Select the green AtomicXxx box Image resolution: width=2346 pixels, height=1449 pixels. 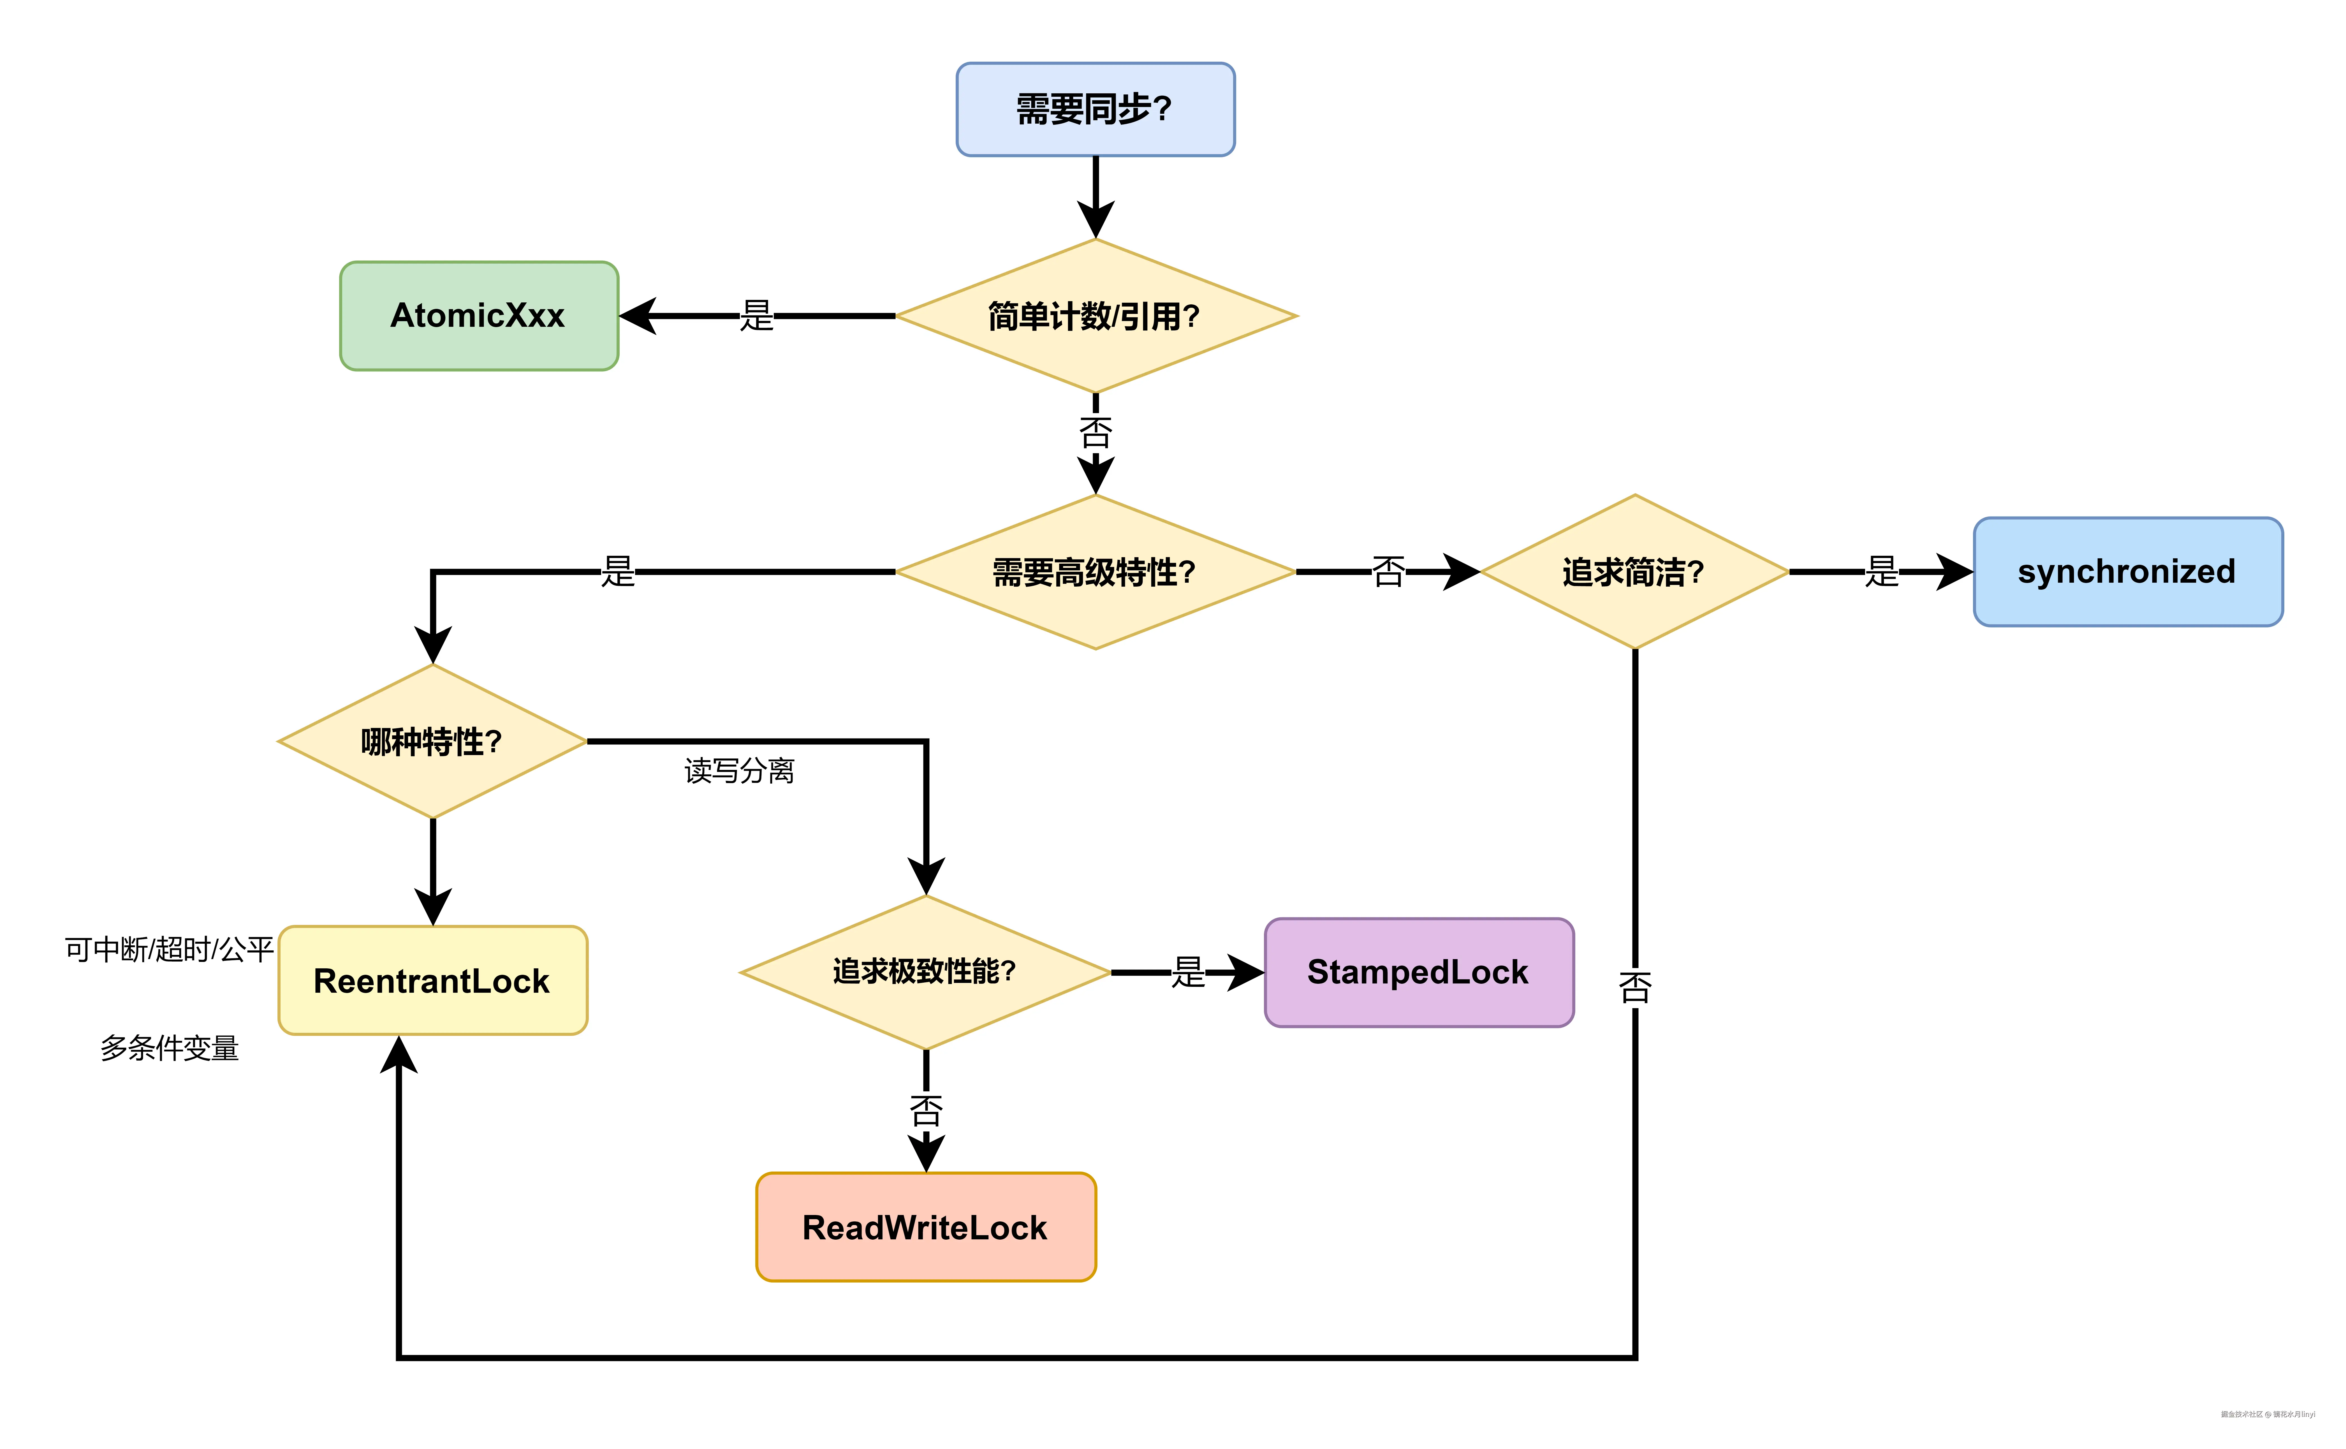[x=478, y=315]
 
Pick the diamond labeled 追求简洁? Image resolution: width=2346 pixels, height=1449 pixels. [x=1634, y=572]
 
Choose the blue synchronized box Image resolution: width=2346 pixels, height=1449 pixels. [x=2127, y=572]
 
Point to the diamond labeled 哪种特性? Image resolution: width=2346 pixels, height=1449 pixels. [x=432, y=741]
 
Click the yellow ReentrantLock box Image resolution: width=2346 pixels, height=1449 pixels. [x=432, y=980]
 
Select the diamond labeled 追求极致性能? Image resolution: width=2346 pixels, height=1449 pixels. [x=925, y=972]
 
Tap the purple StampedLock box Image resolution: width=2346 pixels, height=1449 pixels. [x=1418, y=972]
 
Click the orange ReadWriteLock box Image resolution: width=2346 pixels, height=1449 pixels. [x=925, y=1227]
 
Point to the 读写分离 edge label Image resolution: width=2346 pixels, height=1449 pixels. [x=739, y=770]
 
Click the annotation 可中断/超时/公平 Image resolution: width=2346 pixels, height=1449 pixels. [x=169, y=950]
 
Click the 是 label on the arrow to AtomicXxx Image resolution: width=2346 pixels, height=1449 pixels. [x=756, y=315]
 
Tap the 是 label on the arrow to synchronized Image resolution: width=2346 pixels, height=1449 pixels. [x=1881, y=572]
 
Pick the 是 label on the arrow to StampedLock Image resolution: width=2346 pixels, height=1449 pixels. [x=1187, y=972]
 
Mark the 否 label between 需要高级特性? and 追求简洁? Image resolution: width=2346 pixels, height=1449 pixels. [x=1388, y=572]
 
